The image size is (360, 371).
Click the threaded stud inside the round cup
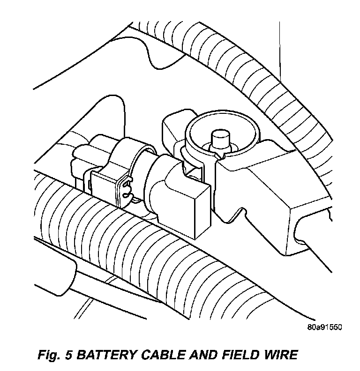click(219, 139)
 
